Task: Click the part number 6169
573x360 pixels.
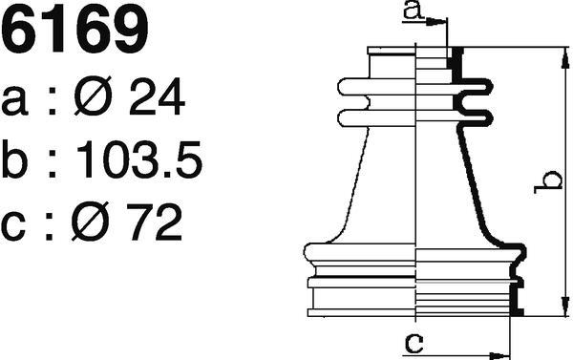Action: (74, 30)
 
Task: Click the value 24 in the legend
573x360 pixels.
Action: (158, 96)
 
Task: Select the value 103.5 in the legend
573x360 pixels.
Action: (139, 159)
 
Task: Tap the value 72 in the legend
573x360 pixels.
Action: (154, 222)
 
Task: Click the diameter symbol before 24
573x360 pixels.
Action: (93, 95)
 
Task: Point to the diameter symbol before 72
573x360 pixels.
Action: (91, 222)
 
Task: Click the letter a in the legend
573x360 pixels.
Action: (14, 101)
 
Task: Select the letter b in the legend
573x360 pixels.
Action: (14, 159)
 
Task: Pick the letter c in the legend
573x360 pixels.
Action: (13, 226)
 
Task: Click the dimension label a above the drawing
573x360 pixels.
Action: (414, 11)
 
